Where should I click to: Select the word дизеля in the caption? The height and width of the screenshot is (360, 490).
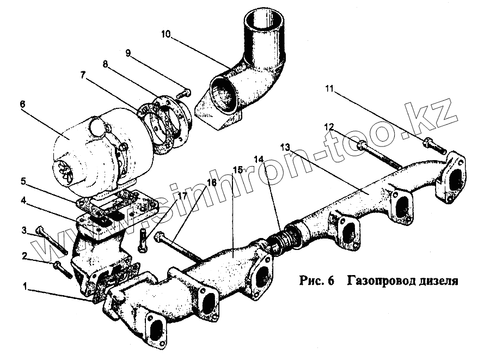[437, 281]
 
